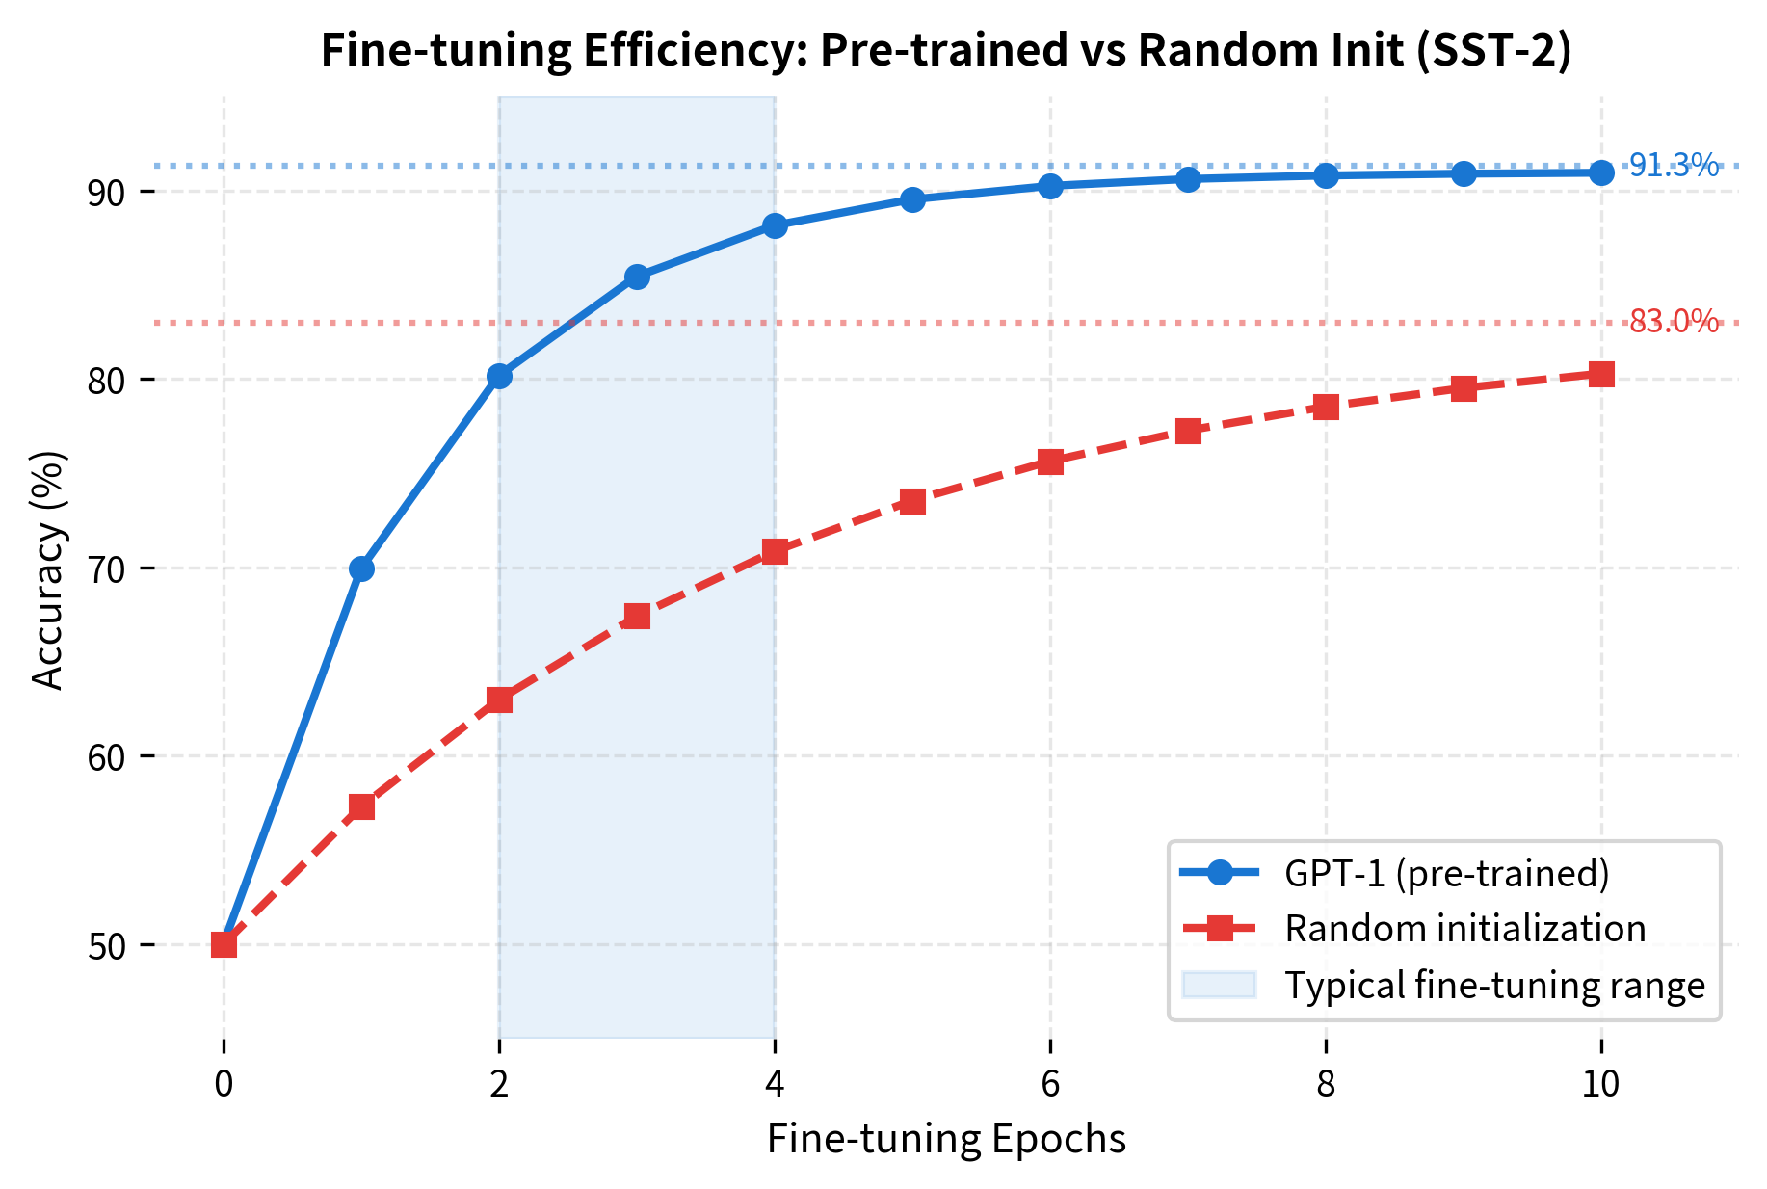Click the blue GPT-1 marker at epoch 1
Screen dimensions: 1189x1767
(x=361, y=568)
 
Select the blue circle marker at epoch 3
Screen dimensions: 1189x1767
(x=637, y=277)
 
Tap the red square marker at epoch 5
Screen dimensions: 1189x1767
(x=912, y=501)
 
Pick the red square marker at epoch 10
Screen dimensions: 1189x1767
(x=1601, y=374)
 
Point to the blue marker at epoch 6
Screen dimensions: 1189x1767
(x=1050, y=186)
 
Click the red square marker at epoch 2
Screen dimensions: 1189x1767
(x=499, y=700)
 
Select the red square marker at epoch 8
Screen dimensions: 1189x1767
(x=1326, y=407)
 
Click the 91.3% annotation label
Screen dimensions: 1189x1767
(x=1674, y=166)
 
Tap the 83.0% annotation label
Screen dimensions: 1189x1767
(x=1674, y=321)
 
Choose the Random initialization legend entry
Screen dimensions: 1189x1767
(x=1464, y=929)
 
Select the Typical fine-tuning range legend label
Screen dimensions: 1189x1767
(x=1494, y=986)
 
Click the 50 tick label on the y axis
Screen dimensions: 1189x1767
(x=107, y=946)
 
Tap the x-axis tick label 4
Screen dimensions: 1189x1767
(x=775, y=1085)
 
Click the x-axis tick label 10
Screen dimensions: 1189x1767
(x=1601, y=1085)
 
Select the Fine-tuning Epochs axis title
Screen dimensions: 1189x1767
(x=946, y=1139)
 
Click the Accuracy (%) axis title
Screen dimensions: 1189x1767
(x=48, y=569)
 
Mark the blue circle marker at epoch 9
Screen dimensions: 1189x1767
(x=1464, y=173)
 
